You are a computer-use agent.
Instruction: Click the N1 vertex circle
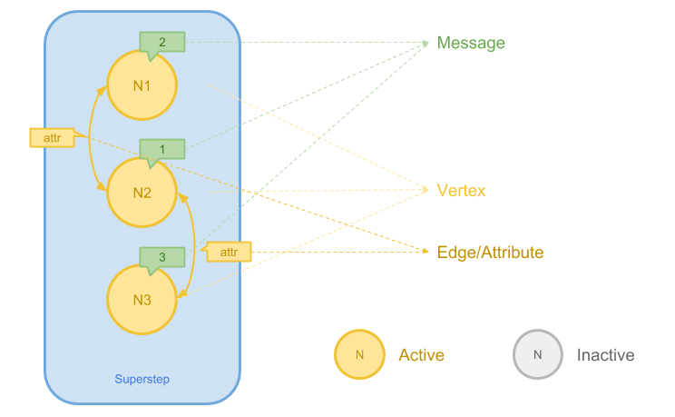coord(142,84)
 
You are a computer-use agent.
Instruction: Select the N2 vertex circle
coord(142,193)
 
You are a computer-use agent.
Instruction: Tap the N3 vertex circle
coord(142,300)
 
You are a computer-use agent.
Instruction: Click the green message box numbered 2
coord(162,42)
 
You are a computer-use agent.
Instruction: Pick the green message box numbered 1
coord(162,149)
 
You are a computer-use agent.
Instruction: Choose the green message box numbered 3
coord(162,257)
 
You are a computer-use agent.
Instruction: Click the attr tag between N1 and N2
coord(51,138)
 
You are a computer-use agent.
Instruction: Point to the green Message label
coord(471,43)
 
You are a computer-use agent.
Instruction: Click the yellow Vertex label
coord(461,191)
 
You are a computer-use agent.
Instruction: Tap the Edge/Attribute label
coord(490,253)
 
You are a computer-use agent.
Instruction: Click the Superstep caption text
coord(142,379)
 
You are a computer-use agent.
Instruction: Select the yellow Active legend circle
coord(359,354)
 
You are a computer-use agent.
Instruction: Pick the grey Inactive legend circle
coord(537,354)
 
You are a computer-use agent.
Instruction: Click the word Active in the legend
coord(421,355)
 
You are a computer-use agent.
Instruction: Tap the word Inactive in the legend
coord(605,355)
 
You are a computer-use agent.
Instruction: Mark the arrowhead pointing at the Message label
coord(426,43)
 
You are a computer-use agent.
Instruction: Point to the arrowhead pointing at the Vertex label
coord(426,191)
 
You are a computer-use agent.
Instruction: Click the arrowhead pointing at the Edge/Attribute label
coord(426,253)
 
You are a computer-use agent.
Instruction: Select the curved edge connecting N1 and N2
coord(92,138)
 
